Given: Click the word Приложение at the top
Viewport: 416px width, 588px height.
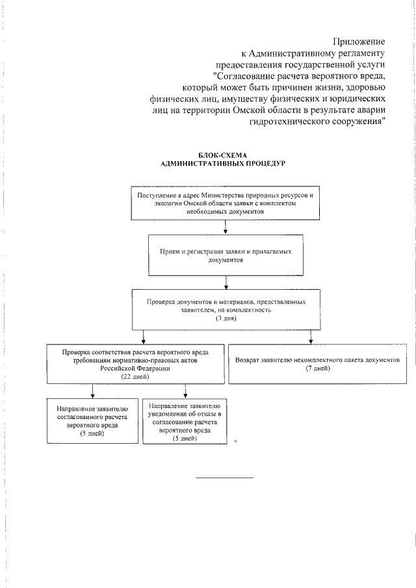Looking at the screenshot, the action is (x=359, y=42).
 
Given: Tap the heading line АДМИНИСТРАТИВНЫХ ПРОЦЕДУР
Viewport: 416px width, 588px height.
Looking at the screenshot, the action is (x=223, y=164).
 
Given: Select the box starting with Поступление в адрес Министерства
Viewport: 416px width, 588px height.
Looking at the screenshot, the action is (x=225, y=203).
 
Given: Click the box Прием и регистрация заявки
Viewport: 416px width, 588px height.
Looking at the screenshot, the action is (x=226, y=255).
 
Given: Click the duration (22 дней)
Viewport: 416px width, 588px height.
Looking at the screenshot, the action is (x=135, y=376).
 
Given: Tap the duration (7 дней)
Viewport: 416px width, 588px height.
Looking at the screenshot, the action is (x=318, y=368).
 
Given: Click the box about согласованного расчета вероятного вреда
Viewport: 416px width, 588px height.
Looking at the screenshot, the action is (x=92, y=421).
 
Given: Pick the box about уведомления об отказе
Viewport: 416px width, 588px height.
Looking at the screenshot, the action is (x=185, y=421).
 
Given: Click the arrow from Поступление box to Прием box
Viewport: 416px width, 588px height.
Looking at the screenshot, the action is (x=226, y=227).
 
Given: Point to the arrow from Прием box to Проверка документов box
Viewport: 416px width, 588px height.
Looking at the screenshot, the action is (x=226, y=283).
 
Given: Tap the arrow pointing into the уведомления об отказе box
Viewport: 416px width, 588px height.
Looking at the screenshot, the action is (x=185, y=391).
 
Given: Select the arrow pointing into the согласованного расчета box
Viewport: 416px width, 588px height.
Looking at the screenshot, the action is (x=92, y=391).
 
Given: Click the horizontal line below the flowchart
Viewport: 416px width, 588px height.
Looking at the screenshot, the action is (x=224, y=478).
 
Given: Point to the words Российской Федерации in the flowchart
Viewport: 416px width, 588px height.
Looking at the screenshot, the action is (x=135, y=368).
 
